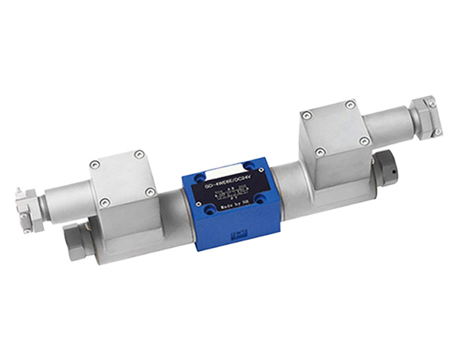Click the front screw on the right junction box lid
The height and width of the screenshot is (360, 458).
[x=320, y=150]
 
